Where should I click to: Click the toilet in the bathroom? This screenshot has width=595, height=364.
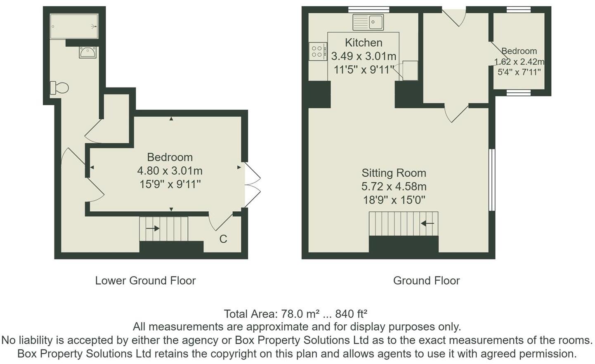pos(59,88)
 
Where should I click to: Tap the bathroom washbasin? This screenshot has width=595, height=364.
pos(88,52)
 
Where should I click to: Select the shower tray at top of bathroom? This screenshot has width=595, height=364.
pos(74,26)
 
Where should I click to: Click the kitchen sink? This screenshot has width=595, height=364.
pos(368,22)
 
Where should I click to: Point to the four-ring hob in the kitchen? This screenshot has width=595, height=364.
pos(317,52)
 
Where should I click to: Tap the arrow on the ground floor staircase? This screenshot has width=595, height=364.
pos(427,224)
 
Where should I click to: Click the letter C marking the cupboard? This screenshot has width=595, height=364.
pos(223,239)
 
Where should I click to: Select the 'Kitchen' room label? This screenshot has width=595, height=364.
pos(364,43)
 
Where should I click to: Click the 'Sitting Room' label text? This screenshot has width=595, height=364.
pos(394,173)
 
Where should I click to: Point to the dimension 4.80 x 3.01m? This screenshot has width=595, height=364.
pos(170,170)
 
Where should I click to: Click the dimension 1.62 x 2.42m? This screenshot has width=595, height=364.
pos(519,62)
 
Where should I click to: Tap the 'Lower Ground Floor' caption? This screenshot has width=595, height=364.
pos(145,281)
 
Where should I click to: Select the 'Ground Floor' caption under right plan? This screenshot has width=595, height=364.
pos(426,281)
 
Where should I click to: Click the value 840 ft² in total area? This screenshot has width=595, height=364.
pos(351,314)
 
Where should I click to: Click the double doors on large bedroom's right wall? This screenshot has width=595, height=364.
pos(252,184)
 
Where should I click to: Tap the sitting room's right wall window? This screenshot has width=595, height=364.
pos(491,180)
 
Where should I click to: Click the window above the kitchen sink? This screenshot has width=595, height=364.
pos(369,9)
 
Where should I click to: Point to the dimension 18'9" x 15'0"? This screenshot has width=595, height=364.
pos(394,200)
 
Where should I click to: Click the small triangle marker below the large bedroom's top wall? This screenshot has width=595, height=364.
pos(171,119)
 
